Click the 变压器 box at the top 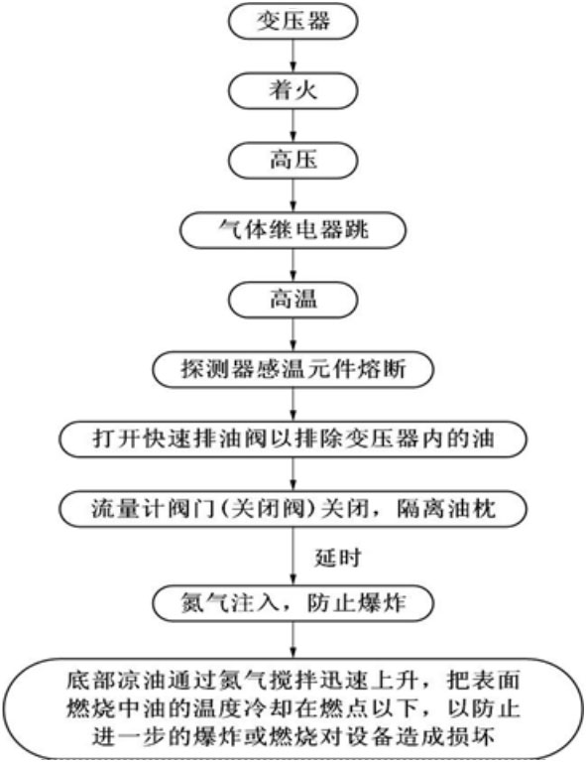[x=293, y=21]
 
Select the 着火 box [x=293, y=90]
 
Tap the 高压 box [x=293, y=160]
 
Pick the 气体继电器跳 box [x=293, y=230]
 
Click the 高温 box [x=293, y=300]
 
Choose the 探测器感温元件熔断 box [x=293, y=369]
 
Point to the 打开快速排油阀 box [x=293, y=439]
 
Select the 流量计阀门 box [x=293, y=509]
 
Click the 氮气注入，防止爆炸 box [x=293, y=603]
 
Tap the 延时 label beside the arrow [x=338, y=557]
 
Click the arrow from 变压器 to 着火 [x=293, y=56]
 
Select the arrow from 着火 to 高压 [x=293, y=125]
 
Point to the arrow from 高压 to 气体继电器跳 [x=293, y=194]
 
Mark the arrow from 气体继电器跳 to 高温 [x=293, y=265]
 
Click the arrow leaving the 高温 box [x=293, y=334]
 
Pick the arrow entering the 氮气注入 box [x=293, y=556]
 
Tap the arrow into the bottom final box [x=293, y=640]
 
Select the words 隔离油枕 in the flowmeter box [x=446, y=509]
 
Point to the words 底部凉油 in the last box [x=116, y=680]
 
